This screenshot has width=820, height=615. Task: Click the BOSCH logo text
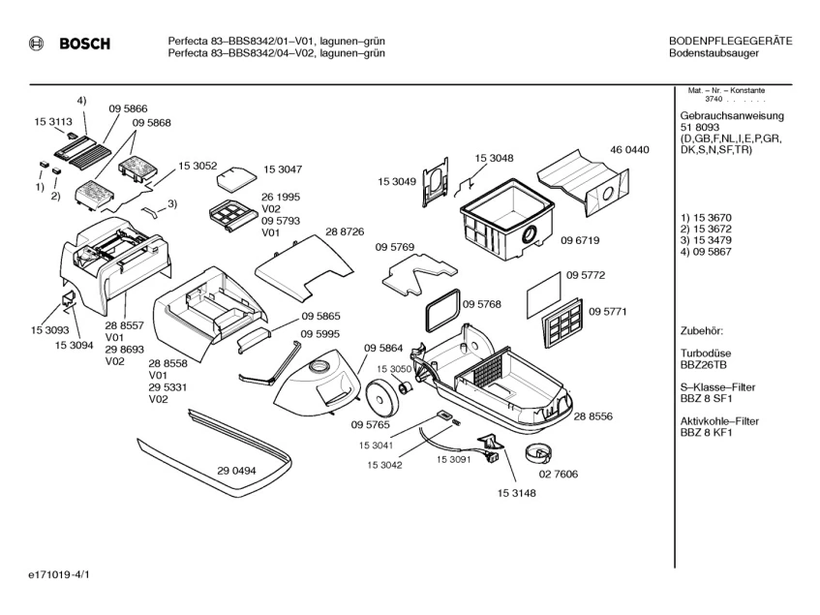coord(84,44)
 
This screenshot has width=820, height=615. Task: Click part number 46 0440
coord(629,150)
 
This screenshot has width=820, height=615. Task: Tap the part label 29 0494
coord(236,471)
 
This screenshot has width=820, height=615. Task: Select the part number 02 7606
coord(559,475)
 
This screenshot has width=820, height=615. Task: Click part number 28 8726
coord(345,232)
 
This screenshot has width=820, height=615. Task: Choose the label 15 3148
coord(517,493)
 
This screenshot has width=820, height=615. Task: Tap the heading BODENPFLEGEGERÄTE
coord(730,41)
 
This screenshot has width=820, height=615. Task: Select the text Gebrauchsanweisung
coord(732,115)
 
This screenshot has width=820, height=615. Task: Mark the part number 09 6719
coord(581,240)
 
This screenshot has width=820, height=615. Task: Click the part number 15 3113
coord(53,123)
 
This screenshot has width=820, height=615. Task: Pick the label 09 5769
coord(395,248)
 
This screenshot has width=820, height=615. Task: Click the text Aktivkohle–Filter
coord(719,421)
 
